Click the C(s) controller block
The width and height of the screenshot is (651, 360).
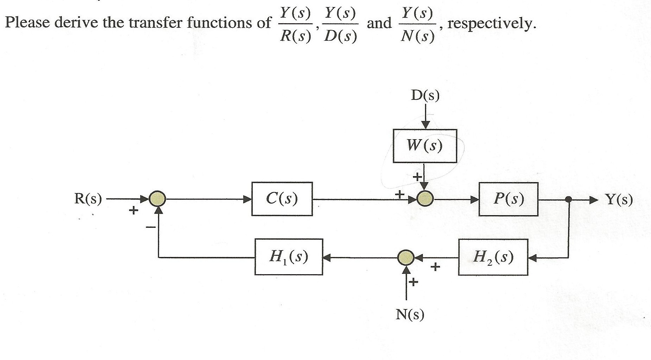pos(282,199)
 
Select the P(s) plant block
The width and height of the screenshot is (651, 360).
pos(508,199)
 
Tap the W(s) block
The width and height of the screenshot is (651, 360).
pos(425,146)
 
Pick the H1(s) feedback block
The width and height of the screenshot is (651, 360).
pos(289,257)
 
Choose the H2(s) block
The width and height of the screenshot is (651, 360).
pos(493,257)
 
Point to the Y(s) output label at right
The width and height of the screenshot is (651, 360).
pos(619,200)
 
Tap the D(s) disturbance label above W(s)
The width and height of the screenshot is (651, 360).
pos(425,95)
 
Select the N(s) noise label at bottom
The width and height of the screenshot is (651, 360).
pos(410,314)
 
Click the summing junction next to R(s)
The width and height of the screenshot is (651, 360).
pos(157,199)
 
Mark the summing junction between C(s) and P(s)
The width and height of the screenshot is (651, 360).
pos(425,199)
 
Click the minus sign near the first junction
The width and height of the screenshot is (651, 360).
pos(150,228)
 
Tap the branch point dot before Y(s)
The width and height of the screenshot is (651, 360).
pos(568,199)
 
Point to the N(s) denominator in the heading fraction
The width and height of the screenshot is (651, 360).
pos(417,36)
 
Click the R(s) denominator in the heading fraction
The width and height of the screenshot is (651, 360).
pos(295,36)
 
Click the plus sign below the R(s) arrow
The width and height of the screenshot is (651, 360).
pos(133,211)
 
